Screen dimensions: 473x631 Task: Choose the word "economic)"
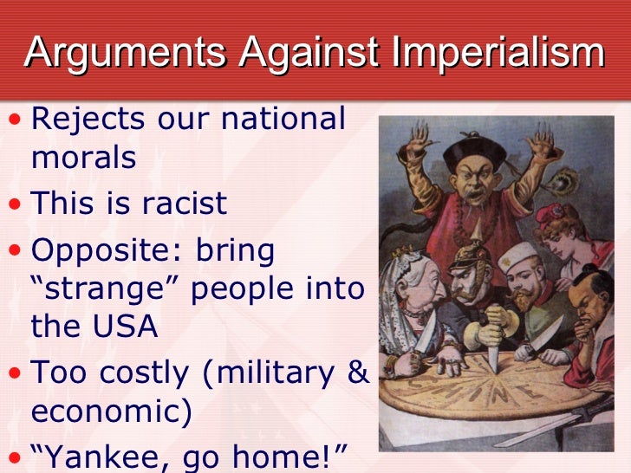tap(111, 412)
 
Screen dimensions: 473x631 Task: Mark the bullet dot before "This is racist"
tap(16, 203)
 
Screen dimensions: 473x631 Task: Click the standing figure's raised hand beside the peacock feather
tap(542, 148)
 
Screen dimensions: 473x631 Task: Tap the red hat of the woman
tap(555, 215)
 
